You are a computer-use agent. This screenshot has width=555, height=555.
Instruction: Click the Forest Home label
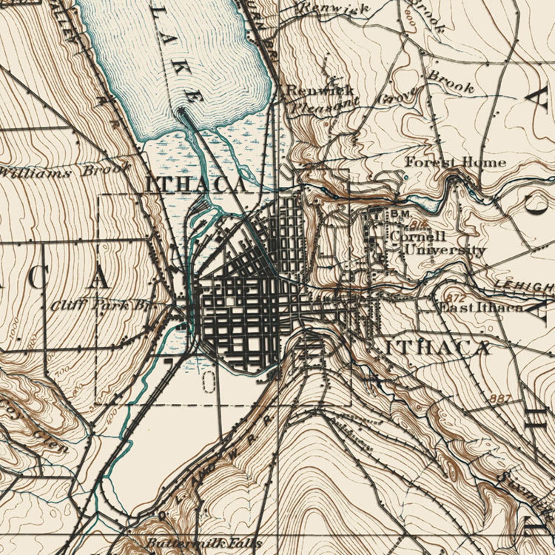455,162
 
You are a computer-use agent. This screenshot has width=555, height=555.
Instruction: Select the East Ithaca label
481,308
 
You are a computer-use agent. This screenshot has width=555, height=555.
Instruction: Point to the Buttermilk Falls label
203,543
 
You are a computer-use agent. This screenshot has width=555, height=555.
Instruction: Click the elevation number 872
456,298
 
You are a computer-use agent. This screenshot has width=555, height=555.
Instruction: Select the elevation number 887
500,398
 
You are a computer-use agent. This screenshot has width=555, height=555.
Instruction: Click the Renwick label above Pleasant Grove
320,91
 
